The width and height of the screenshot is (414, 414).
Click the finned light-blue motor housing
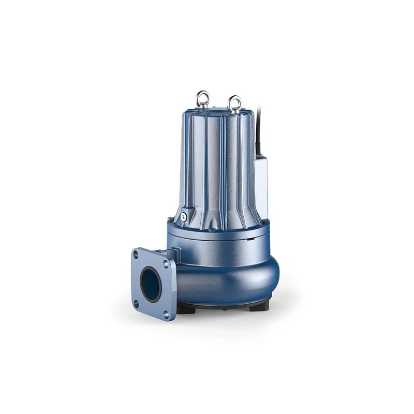(217, 166)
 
